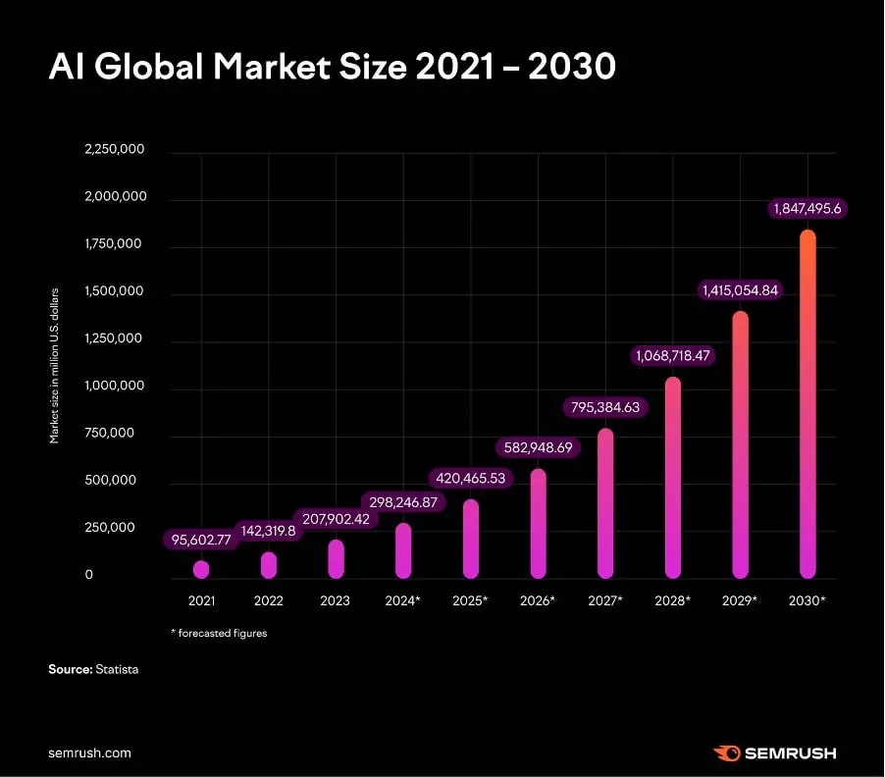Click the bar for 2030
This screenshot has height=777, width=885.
807,404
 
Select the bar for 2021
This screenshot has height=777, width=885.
201,569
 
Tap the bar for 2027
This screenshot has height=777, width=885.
605,503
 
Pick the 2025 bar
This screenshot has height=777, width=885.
471,539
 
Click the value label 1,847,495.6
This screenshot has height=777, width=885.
807,209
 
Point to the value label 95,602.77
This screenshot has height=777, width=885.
201,540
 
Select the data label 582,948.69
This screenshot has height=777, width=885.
538,447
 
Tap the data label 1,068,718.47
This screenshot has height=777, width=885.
673,355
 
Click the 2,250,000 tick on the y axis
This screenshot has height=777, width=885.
115,149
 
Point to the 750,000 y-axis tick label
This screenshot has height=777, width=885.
110,433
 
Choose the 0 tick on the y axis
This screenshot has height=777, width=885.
88,575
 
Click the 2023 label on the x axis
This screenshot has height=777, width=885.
336,600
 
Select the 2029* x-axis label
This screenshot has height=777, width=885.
740,600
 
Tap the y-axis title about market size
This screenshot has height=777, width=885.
54,366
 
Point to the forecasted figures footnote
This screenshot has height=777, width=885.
219,633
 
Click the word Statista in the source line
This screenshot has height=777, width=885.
117,669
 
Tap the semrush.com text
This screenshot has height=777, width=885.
89,752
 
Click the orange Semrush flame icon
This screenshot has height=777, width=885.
727,752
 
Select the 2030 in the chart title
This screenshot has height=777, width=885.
572,67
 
